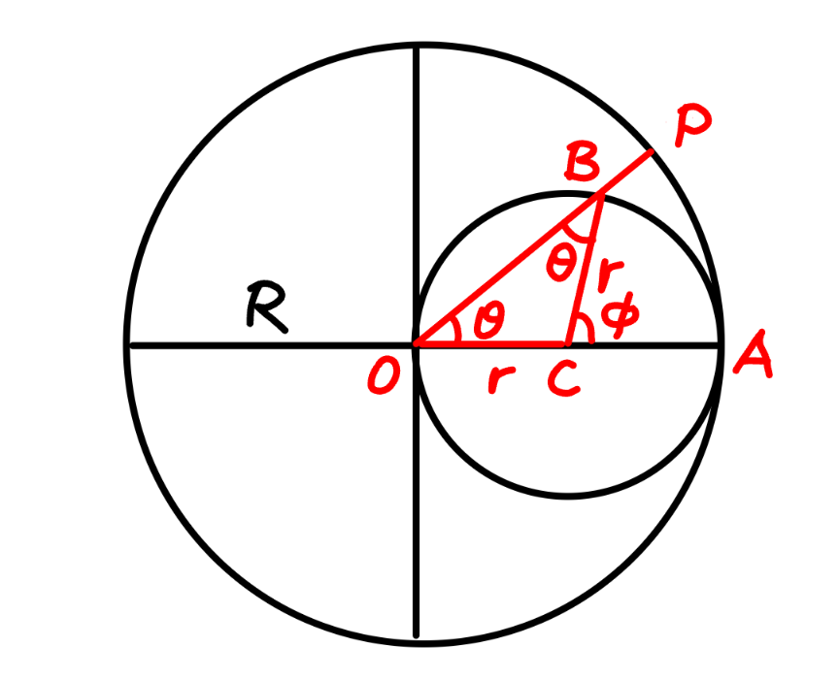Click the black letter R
coord(266,308)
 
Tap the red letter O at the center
coord(384,375)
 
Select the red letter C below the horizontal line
coord(563,378)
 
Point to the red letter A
coord(754,355)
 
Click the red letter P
coord(692,125)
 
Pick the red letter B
coord(582,163)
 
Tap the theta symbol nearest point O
coord(489,320)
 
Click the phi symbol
coord(620,315)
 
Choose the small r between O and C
coord(501,379)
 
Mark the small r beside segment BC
coord(610,275)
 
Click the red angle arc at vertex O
coord(455,331)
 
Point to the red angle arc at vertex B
coord(579,235)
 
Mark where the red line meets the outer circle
coord(652,152)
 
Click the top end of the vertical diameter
coord(417,49)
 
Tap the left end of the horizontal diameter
coord(130,346)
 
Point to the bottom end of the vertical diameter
coord(417,636)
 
